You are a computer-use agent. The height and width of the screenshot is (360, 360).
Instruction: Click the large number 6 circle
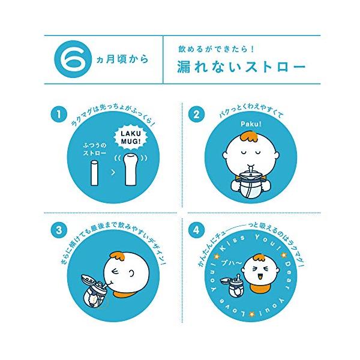pyautogui.click(x=73, y=59)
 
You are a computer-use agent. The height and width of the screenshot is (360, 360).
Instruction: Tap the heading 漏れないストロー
pyautogui.click(x=241, y=67)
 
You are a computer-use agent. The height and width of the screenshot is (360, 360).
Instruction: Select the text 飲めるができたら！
pyautogui.click(x=217, y=49)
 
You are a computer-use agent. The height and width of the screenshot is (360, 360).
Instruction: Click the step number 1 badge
pyautogui.click(x=59, y=114)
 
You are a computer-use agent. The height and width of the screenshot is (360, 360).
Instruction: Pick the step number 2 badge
pyautogui.click(x=197, y=114)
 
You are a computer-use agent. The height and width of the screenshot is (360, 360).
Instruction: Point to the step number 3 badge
pyautogui.click(x=59, y=230)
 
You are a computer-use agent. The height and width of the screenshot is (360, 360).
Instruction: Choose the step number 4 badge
pyautogui.click(x=197, y=230)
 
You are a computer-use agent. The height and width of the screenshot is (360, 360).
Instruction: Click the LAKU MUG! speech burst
pyautogui.click(x=131, y=137)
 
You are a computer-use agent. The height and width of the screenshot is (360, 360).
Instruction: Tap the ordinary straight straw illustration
pyautogui.click(x=95, y=173)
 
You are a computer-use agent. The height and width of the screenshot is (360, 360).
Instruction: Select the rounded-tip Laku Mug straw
pyautogui.click(x=131, y=169)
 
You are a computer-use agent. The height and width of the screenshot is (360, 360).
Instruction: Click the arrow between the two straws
pyautogui.click(x=113, y=172)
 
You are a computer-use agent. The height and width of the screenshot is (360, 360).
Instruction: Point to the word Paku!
pyautogui.click(x=251, y=124)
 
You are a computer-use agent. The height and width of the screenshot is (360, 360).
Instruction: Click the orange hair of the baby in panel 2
pyautogui.click(x=249, y=137)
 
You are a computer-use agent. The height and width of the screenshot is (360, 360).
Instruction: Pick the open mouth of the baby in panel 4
pyautogui.click(x=260, y=277)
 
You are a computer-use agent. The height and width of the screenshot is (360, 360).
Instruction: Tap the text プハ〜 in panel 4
pyautogui.click(x=231, y=263)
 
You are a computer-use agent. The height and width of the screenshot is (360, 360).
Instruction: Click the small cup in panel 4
pyautogui.click(x=232, y=287)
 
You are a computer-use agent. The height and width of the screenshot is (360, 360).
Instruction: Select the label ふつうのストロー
pyautogui.click(x=95, y=149)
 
